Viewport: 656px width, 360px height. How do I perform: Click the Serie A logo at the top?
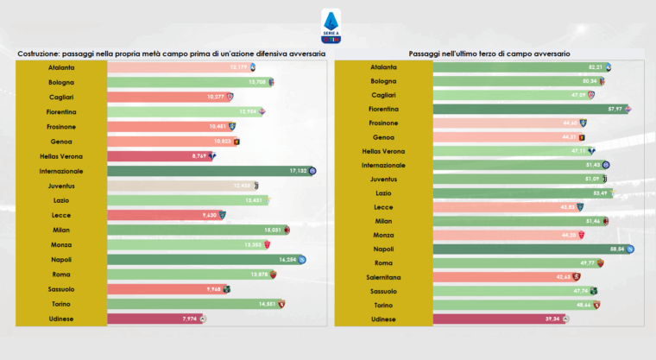(330, 25)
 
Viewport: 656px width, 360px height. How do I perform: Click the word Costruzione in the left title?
(40, 53)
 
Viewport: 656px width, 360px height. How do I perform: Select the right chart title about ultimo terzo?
(489, 53)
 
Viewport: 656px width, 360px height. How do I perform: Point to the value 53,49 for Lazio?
(598, 193)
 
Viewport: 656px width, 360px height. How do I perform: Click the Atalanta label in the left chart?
(61, 67)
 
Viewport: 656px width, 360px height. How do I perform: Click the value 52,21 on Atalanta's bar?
(595, 67)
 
